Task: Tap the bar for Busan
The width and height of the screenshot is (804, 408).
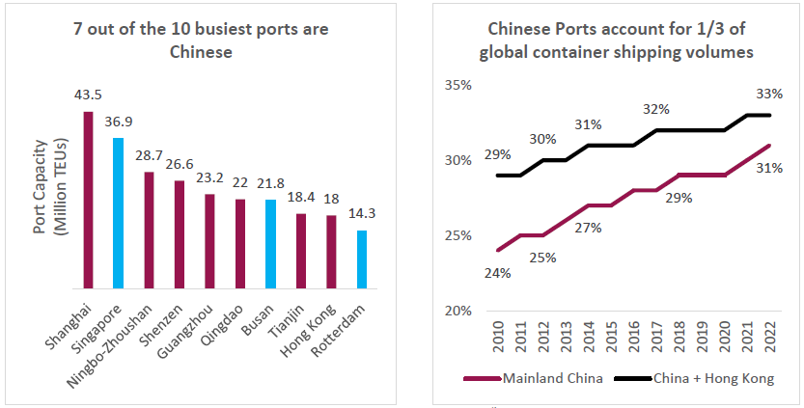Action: [x=270, y=244]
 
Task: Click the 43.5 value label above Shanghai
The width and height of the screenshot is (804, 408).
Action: [x=88, y=95]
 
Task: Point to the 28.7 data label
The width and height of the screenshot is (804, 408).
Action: [x=148, y=155]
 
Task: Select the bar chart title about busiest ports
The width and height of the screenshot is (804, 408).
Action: [x=201, y=40]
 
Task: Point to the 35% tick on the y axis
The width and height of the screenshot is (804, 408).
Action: [x=458, y=85]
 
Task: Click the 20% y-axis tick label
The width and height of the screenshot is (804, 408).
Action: [x=458, y=311]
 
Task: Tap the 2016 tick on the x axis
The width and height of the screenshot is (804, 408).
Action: [x=632, y=338]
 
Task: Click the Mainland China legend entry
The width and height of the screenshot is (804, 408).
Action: [x=536, y=378]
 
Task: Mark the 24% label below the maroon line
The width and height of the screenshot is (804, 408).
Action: [x=498, y=273]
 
